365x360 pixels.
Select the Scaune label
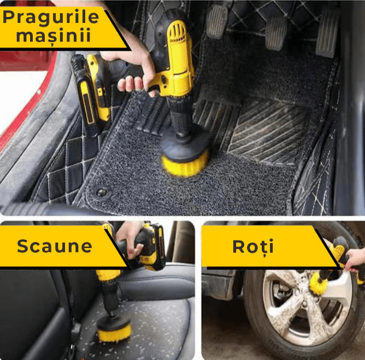pyautogui.click(x=54, y=246)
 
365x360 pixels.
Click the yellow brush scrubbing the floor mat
pyautogui.click(x=185, y=162)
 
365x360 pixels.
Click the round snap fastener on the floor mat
pyautogui.click(x=102, y=192)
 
